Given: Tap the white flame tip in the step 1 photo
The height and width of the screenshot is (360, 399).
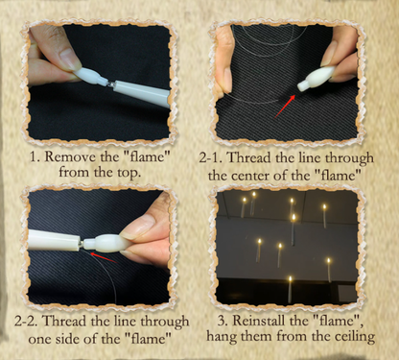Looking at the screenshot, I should (x=85, y=74).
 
